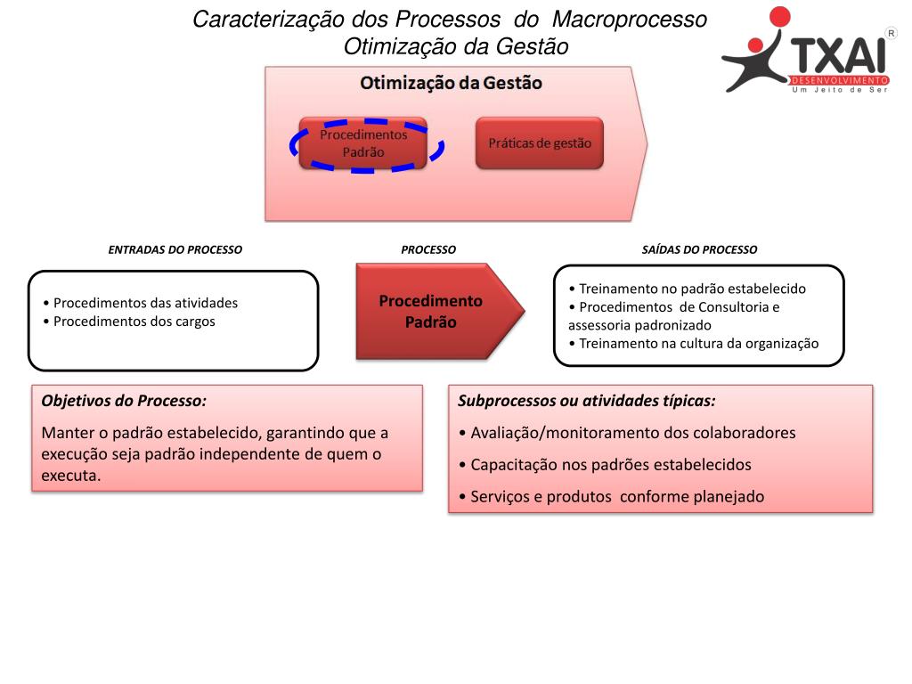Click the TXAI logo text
pyautogui.click(x=839, y=54)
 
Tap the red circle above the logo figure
pyautogui.click(x=779, y=18)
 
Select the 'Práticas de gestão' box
pyautogui.click(x=540, y=142)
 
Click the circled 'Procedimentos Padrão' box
pyautogui.click(x=363, y=143)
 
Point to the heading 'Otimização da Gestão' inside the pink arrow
pyautogui.click(x=451, y=83)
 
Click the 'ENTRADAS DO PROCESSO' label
pyautogui.click(x=175, y=250)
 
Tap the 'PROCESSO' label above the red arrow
pyautogui.click(x=428, y=250)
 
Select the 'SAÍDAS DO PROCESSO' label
pyautogui.click(x=699, y=250)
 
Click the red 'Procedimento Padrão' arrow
pyautogui.click(x=431, y=312)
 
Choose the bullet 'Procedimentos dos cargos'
pyautogui.click(x=134, y=322)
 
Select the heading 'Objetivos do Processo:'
pyautogui.click(x=124, y=401)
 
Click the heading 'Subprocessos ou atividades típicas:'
pyautogui.click(x=586, y=401)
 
